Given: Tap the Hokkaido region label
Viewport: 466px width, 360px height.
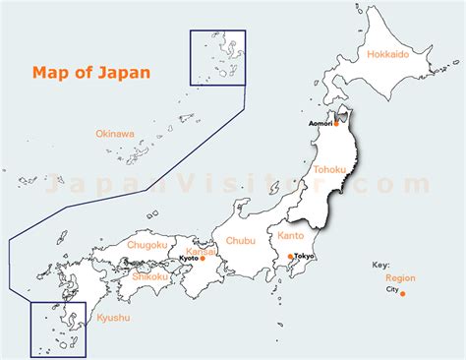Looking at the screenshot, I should pos(387,55).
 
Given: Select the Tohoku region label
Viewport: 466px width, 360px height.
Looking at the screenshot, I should pos(329,170).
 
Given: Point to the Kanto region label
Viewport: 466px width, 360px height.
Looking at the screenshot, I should pos(291,236).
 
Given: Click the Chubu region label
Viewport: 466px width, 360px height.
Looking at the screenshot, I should pos(240,239).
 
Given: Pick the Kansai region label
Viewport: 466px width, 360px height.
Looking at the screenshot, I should pos(200,251).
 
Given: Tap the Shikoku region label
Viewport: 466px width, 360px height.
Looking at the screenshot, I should pos(152,276).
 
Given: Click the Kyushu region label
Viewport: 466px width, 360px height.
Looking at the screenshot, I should pos(113,318).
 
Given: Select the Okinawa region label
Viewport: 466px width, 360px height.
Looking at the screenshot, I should pos(115,133).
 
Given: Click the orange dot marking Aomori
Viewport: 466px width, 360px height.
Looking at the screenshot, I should pos(336,124).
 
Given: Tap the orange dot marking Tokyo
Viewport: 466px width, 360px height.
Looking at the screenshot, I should pos(289,256).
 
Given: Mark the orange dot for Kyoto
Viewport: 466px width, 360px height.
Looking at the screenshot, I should pos(203,259).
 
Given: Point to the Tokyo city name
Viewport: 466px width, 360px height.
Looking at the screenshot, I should pos(304,256).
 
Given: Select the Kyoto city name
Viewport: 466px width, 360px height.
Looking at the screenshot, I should pos(187,259).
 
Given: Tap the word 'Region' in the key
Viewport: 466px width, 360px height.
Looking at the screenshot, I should pos(400,278).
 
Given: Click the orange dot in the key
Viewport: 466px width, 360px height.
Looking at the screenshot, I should pos(402,292).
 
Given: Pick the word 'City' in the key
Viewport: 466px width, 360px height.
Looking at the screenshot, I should pos(390,291).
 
